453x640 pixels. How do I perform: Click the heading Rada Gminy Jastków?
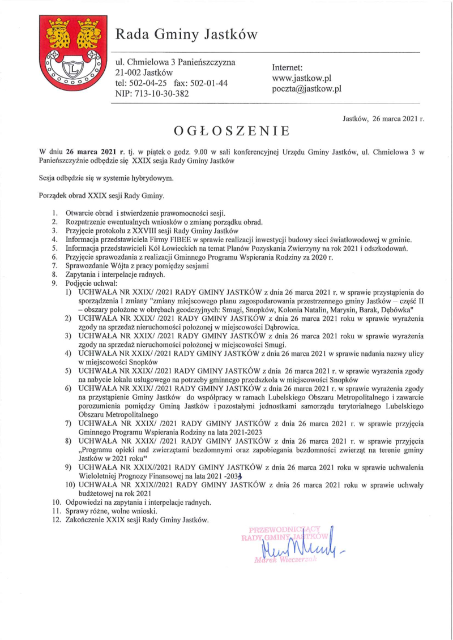pos(186,35)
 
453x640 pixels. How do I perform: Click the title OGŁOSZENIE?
pos(232,131)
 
